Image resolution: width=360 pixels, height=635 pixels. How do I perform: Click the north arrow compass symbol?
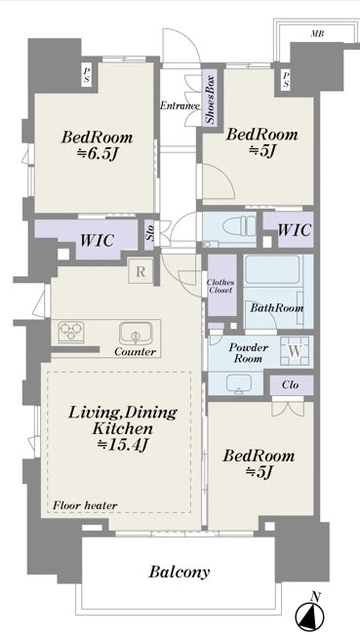coord(309,617)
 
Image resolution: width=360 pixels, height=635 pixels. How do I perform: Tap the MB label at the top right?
coord(317,34)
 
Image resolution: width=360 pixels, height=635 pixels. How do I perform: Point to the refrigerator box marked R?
coord(140,271)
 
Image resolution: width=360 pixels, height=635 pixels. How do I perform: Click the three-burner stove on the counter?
coord(71,332)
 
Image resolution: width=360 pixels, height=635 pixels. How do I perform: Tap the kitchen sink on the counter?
coord(136,332)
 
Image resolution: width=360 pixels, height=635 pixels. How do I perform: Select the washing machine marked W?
coord(295,351)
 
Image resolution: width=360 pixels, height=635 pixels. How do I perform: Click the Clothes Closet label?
coord(220,287)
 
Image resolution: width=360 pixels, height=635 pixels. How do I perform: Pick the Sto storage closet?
coord(149,236)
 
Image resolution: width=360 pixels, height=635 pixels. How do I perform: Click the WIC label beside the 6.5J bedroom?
coord(97,240)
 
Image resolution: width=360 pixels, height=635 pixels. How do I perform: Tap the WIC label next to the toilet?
coord(295,229)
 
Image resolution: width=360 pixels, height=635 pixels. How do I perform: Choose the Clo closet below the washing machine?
coord(292,385)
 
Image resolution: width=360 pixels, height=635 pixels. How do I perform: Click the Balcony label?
coord(180,572)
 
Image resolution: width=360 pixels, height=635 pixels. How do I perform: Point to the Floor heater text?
coord(86,505)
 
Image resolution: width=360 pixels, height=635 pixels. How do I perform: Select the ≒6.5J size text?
coord(97,154)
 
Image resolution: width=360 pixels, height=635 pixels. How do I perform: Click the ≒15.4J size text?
coord(123,444)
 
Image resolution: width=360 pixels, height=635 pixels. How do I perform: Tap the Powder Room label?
coord(248,353)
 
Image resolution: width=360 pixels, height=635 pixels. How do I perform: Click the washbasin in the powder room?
coord(238,383)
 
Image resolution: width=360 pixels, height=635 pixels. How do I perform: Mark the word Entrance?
coord(180,106)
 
